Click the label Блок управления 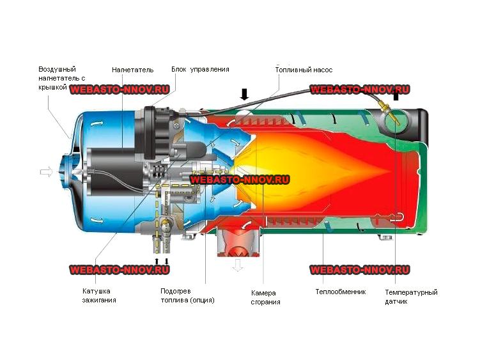[200, 70]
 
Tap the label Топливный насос [304, 70]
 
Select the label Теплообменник [341, 292]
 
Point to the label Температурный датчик [411, 297]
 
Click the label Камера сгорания [265, 297]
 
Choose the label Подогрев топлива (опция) [187, 295]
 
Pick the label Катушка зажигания [99, 295]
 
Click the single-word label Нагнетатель [132, 70]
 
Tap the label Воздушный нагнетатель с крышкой [61, 78]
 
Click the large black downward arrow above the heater [244, 94]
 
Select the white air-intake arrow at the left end [47, 172]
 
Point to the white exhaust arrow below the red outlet [238, 265]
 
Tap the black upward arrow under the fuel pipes [157, 262]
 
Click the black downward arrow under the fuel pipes [167, 262]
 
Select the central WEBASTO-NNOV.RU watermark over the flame [240, 180]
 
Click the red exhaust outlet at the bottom [239, 242]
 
